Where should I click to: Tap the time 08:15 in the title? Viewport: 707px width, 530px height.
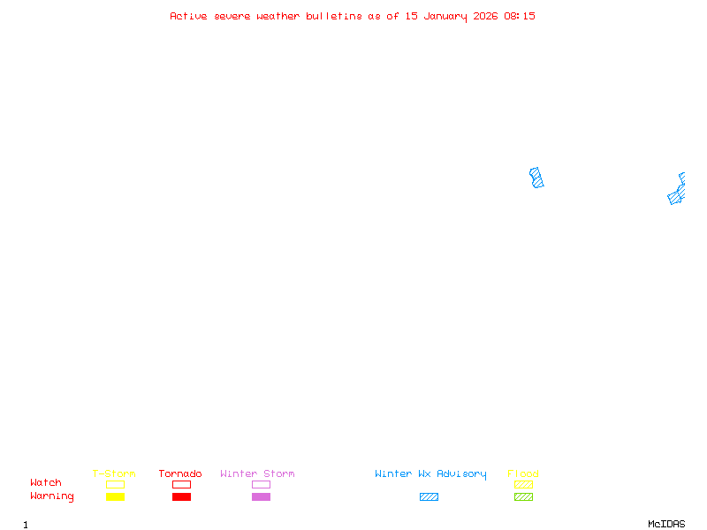click(x=520, y=16)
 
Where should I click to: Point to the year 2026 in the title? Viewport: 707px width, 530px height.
click(x=486, y=16)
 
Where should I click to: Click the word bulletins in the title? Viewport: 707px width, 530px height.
click(x=334, y=16)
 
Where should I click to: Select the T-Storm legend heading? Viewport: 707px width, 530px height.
click(x=114, y=474)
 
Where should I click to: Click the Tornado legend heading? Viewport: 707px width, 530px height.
click(x=180, y=474)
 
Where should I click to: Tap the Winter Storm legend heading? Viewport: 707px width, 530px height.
click(x=257, y=474)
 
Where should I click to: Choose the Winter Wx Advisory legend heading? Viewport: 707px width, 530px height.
click(x=430, y=474)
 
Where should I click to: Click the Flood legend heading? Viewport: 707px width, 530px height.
click(x=523, y=474)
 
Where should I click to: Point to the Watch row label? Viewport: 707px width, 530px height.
click(x=46, y=483)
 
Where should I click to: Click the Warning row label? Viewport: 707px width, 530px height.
click(x=52, y=496)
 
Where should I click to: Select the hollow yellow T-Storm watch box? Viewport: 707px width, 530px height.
click(x=115, y=484)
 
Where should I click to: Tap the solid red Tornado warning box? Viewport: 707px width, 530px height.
click(x=181, y=496)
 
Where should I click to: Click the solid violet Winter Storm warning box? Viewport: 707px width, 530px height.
click(x=261, y=496)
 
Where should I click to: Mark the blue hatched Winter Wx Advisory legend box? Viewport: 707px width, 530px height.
click(x=429, y=496)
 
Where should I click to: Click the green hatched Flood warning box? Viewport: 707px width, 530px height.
click(x=523, y=496)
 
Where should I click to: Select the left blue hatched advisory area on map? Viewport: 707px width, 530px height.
click(x=536, y=178)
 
